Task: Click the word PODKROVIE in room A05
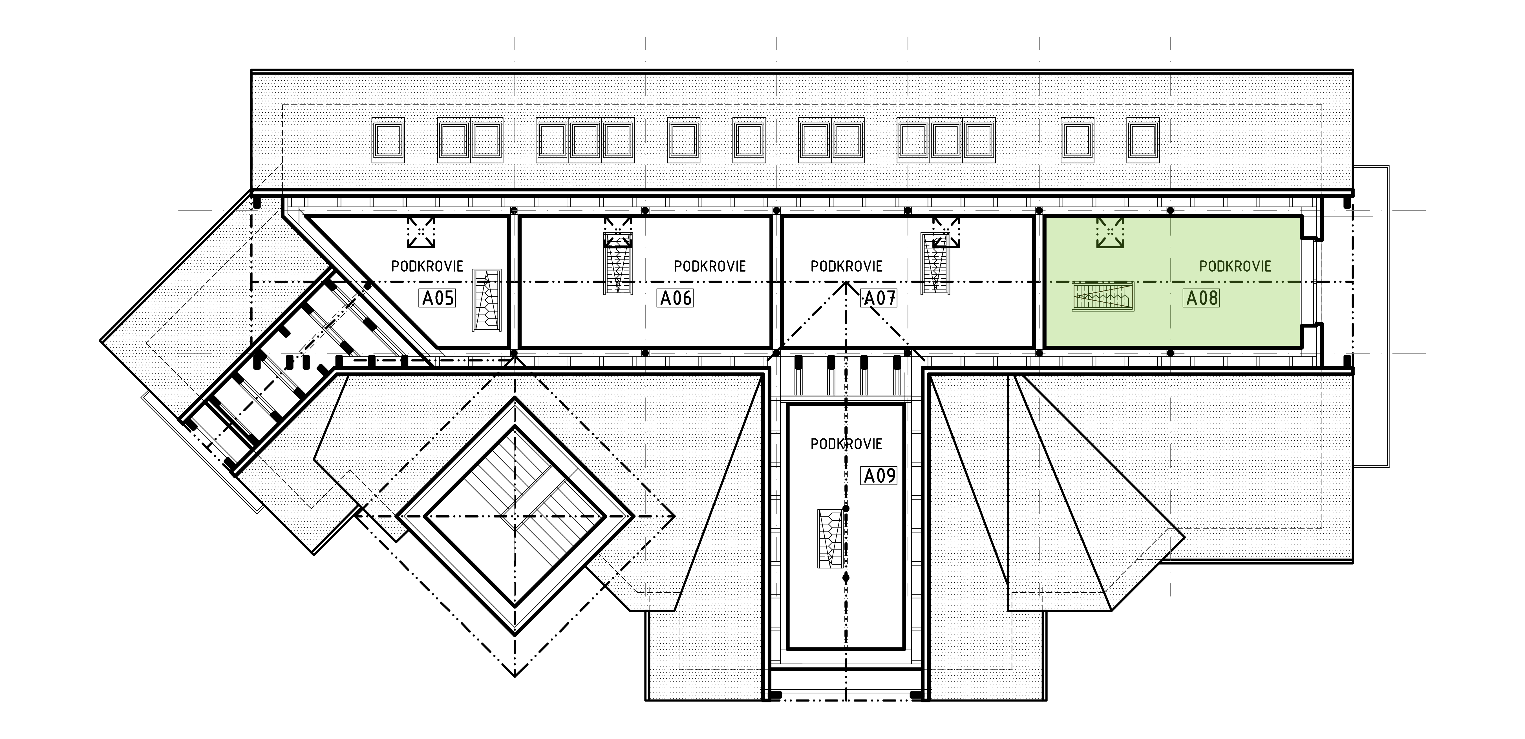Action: tap(427, 266)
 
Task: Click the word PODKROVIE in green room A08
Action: tap(1235, 266)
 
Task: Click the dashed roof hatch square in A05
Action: tap(421, 232)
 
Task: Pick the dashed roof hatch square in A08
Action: tap(1110, 232)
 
